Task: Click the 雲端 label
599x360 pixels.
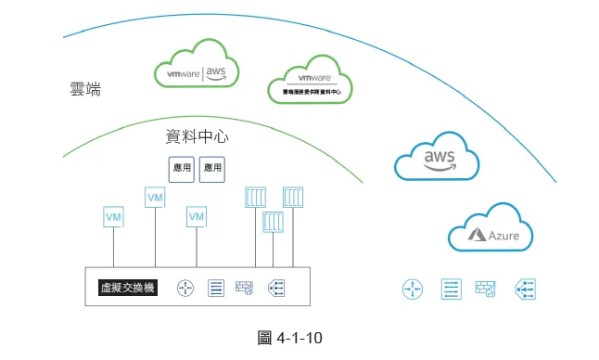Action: pos(85,90)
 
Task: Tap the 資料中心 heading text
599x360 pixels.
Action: pos(197,137)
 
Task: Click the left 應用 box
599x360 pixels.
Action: pos(183,169)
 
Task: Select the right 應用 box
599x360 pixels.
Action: pos(212,169)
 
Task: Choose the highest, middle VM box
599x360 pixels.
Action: pos(155,198)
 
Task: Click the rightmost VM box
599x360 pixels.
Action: pos(196,217)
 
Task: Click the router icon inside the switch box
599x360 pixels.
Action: pos(186,289)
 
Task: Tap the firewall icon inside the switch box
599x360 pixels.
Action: pos(246,289)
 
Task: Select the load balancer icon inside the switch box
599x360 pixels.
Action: pos(275,289)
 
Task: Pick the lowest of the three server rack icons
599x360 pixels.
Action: pos(274,223)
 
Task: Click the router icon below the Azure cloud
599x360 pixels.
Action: pos(413,289)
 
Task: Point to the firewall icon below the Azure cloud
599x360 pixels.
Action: pos(486,289)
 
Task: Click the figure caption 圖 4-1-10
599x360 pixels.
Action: pos(288,338)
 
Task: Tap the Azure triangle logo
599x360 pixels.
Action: pos(477,236)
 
